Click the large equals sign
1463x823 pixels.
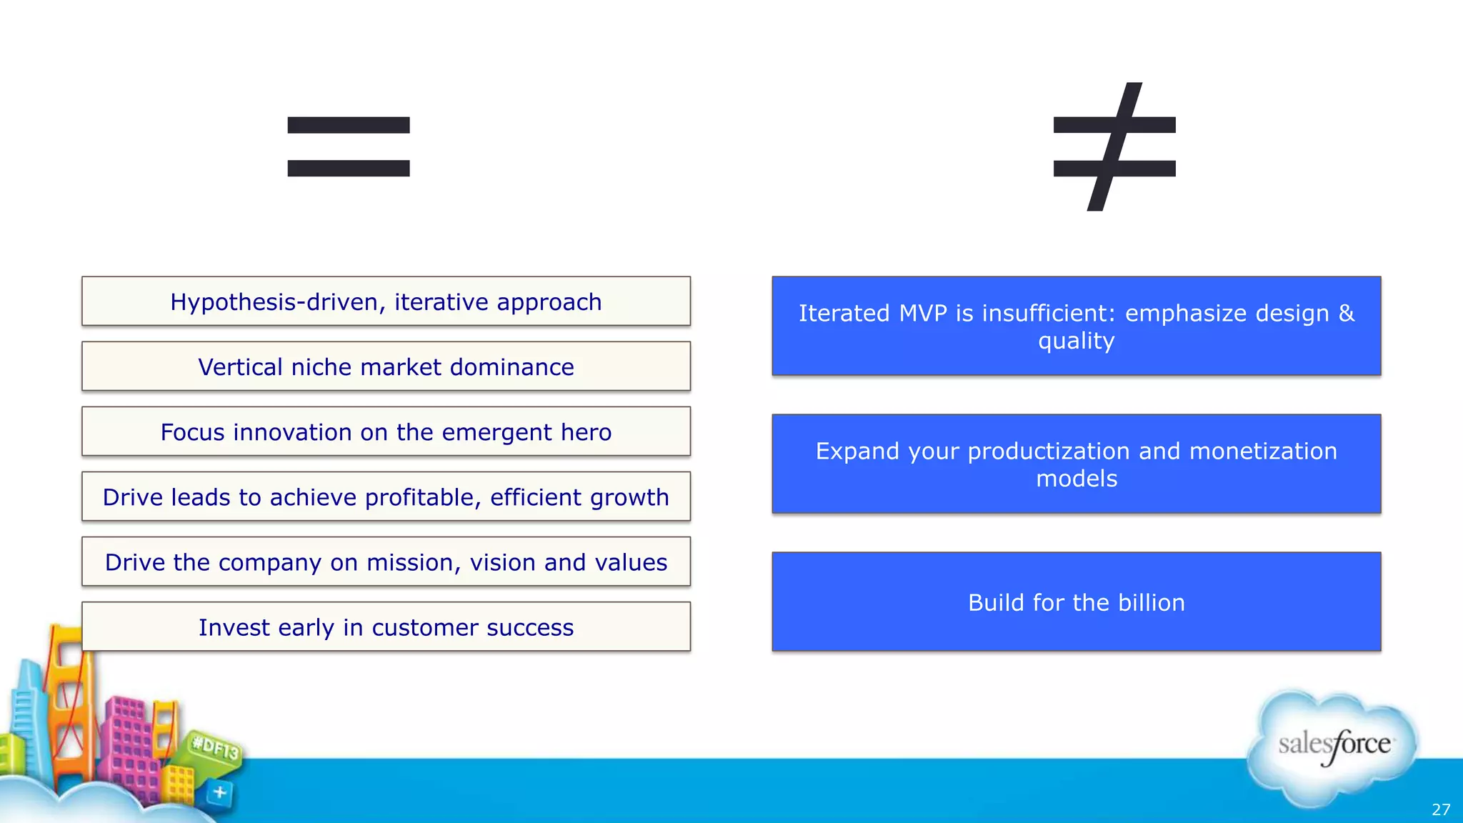(x=349, y=146)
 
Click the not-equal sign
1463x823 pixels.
(x=1114, y=146)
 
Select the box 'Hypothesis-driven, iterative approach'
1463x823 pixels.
(x=386, y=301)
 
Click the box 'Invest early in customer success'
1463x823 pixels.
(x=386, y=627)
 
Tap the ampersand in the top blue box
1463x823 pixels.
(x=1346, y=314)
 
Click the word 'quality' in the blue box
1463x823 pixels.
(x=1076, y=341)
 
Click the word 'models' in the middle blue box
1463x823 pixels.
(x=1076, y=479)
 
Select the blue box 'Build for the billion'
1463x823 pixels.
(x=1076, y=602)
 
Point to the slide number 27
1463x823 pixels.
(x=1441, y=809)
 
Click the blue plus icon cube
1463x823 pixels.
(x=219, y=792)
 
